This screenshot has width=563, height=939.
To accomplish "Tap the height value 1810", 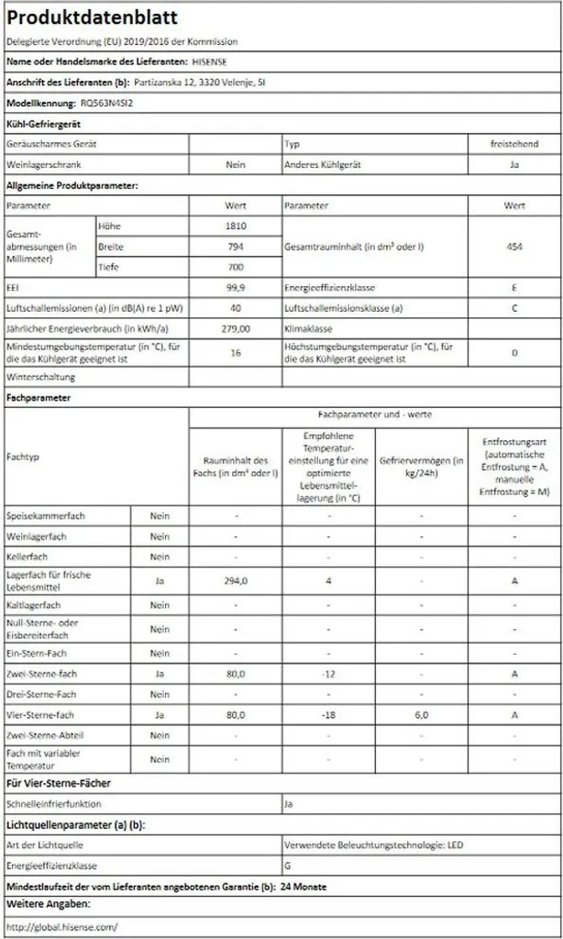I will coord(236,226).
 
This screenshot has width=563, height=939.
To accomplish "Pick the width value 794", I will coord(236,247).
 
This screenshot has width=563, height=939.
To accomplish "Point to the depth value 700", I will coord(236,266).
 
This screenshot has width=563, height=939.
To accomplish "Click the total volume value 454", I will coord(514,247).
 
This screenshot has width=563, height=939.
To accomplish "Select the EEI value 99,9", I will coord(236,287).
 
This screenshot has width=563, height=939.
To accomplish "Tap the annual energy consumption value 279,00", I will coord(236,327).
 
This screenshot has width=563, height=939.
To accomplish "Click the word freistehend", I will coord(514,144).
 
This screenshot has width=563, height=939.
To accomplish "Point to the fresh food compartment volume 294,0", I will coord(236,580).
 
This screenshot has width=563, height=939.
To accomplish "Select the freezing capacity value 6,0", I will coord(422,714).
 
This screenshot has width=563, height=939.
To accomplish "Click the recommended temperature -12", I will coord(328,674).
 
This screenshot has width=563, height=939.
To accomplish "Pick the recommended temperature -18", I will coord(328,714).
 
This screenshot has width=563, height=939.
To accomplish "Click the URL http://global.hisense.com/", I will coord(61,927).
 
